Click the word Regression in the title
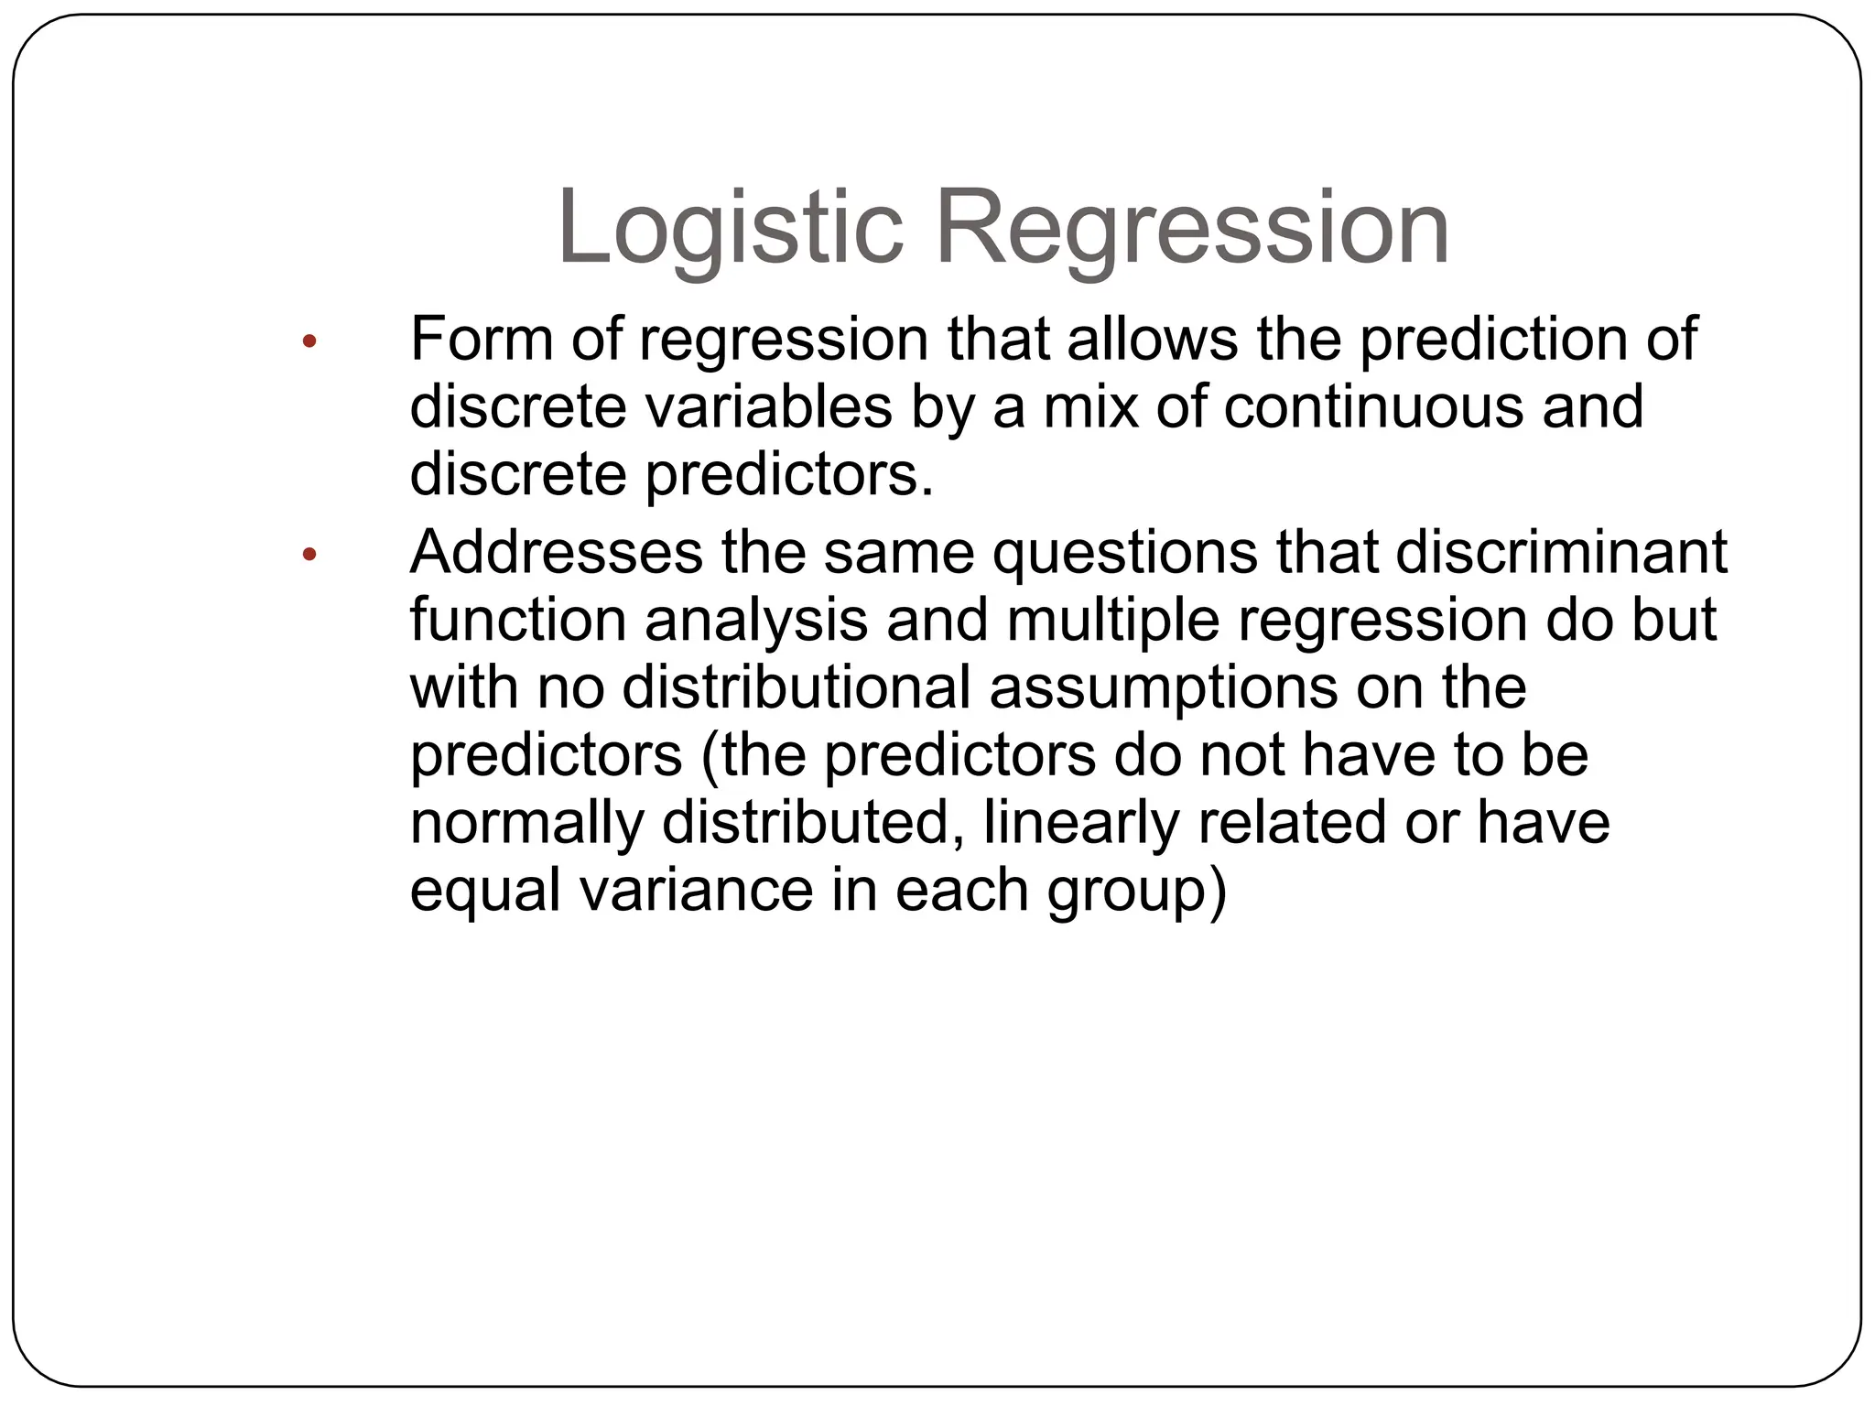[x=1191, y=227]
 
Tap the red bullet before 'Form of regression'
[x=309, y=342]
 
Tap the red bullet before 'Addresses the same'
[x=309, y=554]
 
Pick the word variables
[x=769, y=406]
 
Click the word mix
[x=1089, y=406]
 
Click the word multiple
[x=1113, y=621]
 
